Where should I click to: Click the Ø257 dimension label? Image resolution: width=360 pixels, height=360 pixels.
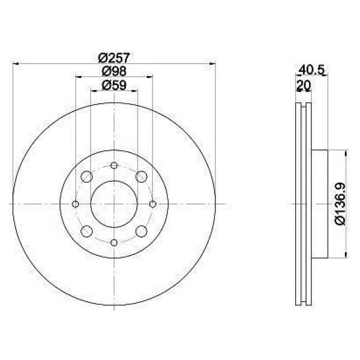point(114,58)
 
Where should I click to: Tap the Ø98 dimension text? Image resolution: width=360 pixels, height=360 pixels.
point(114,71)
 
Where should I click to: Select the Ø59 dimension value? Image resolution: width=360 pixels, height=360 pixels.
point(114,85)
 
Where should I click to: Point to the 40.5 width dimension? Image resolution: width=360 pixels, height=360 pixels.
point(312,70)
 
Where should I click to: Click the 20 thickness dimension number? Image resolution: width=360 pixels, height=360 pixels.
point(304,85)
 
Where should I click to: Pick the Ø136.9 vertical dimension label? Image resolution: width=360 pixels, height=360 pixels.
point(340,204)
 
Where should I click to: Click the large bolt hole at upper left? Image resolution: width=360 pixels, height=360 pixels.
point(87,176)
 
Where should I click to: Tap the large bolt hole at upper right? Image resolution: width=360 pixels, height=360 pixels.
point(142,176)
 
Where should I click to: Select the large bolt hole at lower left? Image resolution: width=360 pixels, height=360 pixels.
point(87,231)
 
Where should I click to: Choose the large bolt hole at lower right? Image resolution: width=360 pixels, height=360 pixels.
point(142,231)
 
